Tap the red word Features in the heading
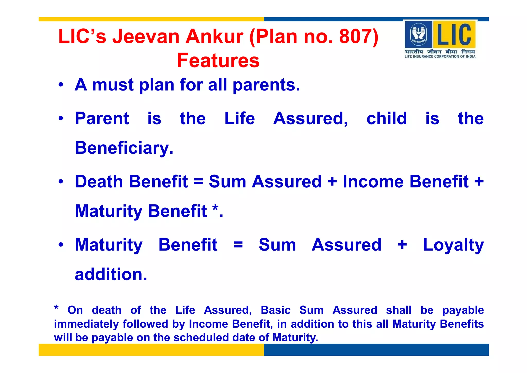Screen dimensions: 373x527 (x=218, y=61)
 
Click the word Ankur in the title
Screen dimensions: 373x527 (x=214, y=36)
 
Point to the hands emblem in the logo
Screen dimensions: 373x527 (x=418, y=34)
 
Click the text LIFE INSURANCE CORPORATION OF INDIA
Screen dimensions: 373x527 (x=440, y=56)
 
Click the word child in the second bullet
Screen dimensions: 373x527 (x=387, y=119)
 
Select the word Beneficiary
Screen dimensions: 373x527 (x=124, y=148)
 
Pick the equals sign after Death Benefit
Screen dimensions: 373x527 (x=198, y=182)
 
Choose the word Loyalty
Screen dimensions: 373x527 (x=453, y=245)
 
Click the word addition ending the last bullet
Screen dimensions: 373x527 (x=111, y=274)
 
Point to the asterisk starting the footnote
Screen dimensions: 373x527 (x=56, y=308)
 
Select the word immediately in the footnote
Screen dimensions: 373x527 (x=86, y=324)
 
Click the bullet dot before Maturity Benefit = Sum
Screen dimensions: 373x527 (x=61, y=245)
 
